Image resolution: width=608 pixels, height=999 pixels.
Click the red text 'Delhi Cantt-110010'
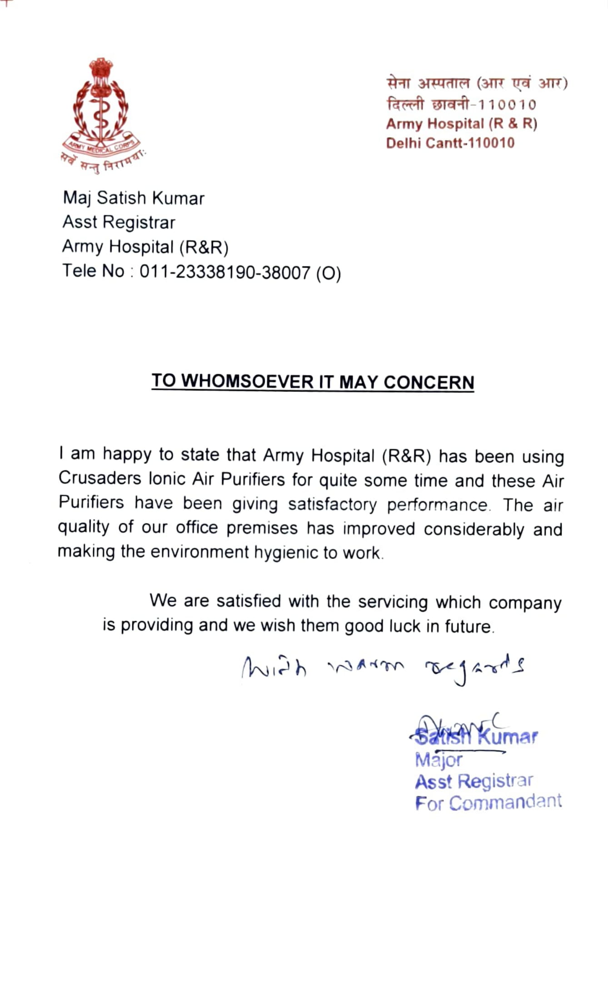coord(450,143)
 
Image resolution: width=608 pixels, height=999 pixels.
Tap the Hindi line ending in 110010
coord(461,104)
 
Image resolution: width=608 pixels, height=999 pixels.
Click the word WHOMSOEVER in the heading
coord(247,381)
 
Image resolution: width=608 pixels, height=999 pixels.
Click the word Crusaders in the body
coord(100,478)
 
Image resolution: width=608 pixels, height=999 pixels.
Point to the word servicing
coord(393,602)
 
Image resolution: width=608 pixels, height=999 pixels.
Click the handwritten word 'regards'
coord(475,668)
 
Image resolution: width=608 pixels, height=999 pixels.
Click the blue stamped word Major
coord(439,760)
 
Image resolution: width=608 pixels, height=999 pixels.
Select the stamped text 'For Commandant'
coord(488,802)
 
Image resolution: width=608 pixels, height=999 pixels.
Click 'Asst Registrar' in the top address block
coord(119,222)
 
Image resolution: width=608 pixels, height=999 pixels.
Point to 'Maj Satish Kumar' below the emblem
coord(134,198)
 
